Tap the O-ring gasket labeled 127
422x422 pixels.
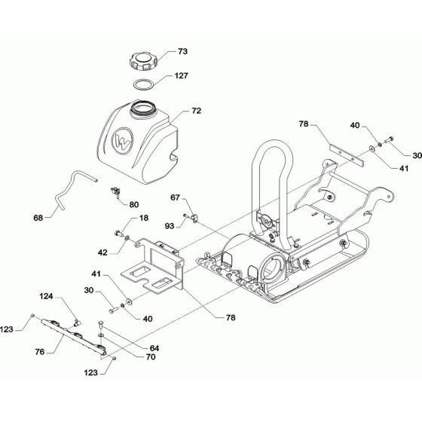coord(145,84)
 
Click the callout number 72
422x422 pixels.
coord(196,111)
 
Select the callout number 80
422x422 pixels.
coord(134,203)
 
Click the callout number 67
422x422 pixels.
coord(176,198)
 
